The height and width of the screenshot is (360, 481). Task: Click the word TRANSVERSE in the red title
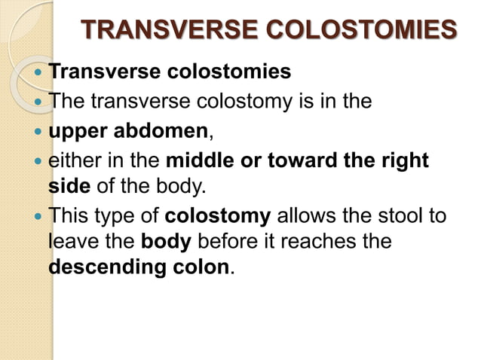pos(159,31)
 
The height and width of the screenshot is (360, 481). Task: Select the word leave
pos(72,242)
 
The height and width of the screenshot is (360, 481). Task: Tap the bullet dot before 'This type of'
pos(38,218)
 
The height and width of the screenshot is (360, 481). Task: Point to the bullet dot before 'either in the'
pos(38,160)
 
